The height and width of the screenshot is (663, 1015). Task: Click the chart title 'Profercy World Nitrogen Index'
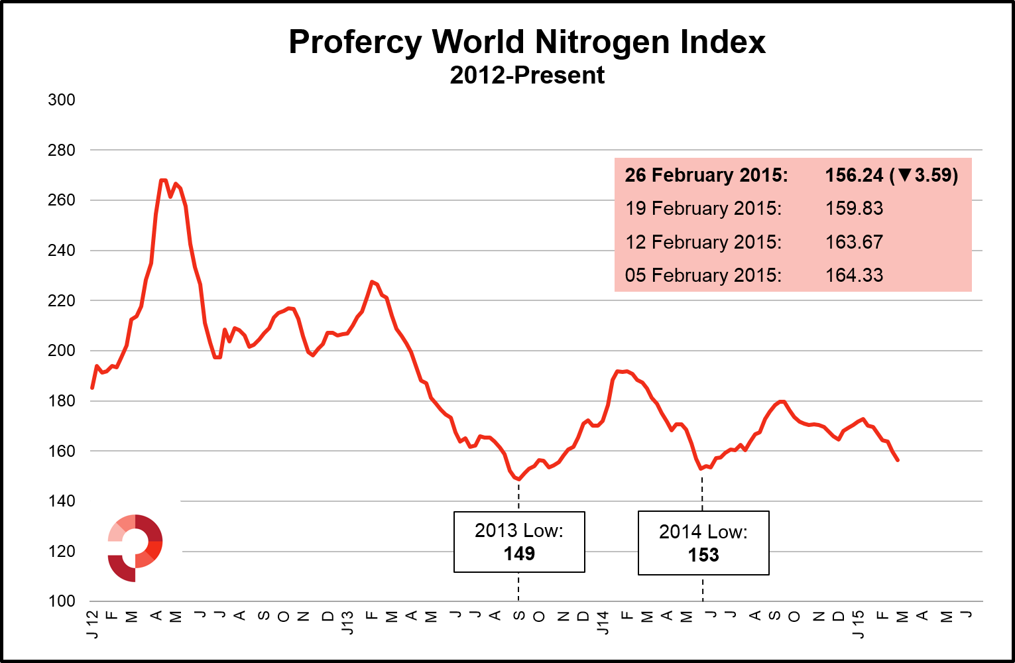click(527, 42)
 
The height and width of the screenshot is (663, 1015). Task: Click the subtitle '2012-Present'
click(527, 76)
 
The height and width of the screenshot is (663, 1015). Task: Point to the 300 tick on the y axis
click(62, 100)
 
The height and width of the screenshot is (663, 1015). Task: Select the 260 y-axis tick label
click(62, 200)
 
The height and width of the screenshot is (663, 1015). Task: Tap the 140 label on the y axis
click(62, 501)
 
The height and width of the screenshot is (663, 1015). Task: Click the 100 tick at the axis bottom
click(62, 601)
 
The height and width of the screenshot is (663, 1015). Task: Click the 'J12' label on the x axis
click(92, 625)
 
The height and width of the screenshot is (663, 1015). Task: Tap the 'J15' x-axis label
click(859, 625)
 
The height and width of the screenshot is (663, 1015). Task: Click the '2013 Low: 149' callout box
click(519, 542)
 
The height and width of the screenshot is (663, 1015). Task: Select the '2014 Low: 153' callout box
click(703, 543)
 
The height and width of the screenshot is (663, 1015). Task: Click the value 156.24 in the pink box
click(854, 175)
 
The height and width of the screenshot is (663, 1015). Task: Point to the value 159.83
click(854, 208)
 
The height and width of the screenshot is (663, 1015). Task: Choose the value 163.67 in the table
click(854, 242)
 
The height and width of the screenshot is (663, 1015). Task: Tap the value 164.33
click(854, 275)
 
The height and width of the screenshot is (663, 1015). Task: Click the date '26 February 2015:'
click(706, 175)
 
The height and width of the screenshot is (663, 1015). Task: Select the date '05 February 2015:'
click(703, 275)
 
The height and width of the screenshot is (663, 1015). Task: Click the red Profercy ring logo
click(135, 548)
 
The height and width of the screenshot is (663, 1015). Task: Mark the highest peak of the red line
click(163, 180)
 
